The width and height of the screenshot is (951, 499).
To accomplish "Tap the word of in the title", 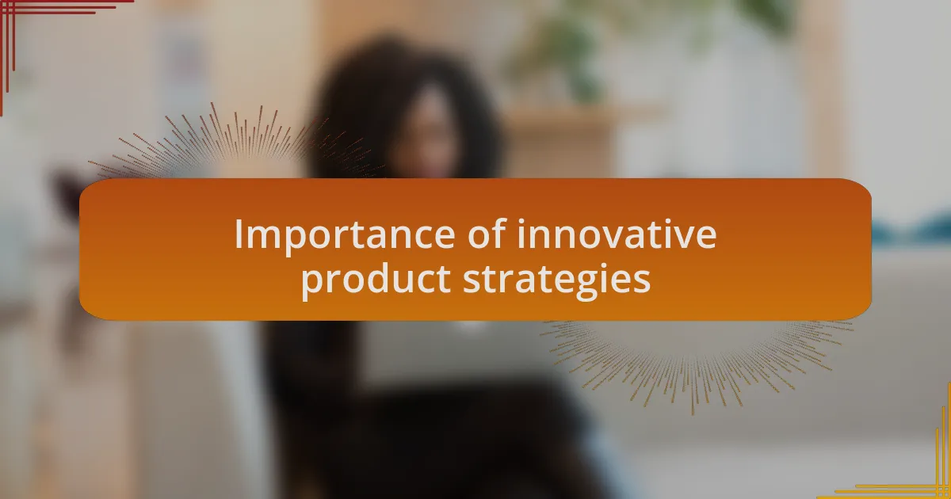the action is pos(487,233).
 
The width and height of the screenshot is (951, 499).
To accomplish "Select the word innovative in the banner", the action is pos(617,233).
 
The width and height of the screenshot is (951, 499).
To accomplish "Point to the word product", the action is pos(376,281).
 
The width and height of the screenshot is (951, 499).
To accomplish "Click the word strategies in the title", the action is pos(557,281).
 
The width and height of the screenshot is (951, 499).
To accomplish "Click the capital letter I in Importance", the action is pos(239,234).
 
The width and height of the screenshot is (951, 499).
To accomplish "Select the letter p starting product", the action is pos(312,285).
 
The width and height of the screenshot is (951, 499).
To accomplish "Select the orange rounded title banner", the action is pos(475,249).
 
